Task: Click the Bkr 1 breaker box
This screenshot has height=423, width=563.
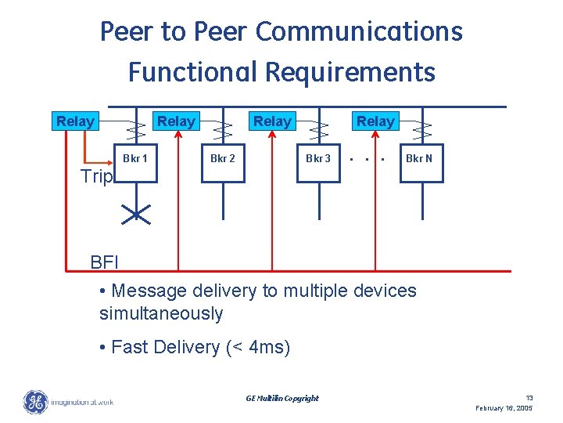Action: (x=136, y=161)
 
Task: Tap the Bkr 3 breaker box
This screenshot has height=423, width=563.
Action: (x=318, y=161)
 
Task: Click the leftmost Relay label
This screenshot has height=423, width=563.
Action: (x=75, y=121)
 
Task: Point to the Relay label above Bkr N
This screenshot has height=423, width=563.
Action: (x=375, y=121)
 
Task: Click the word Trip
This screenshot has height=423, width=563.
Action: (x=97, y=176)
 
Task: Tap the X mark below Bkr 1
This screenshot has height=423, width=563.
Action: (x=136, y=212)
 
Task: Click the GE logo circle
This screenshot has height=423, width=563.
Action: (x=35, y=402)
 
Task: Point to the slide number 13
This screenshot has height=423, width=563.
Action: (x=529, y=398)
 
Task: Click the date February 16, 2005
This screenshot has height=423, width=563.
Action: (x=504, y=409)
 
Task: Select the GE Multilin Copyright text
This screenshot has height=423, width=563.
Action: (x=282, y=398)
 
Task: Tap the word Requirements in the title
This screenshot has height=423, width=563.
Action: (x=350, y=72)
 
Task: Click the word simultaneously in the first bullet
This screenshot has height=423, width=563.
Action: (x=161, y=314)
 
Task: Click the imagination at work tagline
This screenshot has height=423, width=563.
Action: (x=81, y=403)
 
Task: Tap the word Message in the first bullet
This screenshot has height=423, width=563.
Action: (x=149, y=291)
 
